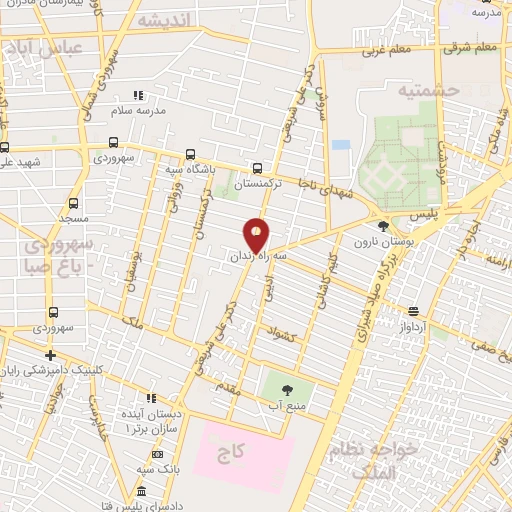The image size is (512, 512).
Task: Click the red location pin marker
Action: point(257,234)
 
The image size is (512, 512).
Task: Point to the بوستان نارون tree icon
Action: point(383,227)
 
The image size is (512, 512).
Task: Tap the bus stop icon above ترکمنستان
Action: point(259,169)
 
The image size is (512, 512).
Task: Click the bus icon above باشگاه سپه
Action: point(191,155)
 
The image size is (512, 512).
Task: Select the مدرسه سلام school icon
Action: point(140,96)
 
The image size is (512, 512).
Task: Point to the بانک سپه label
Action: point(159,468)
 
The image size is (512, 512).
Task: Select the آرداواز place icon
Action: point(414,311)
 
